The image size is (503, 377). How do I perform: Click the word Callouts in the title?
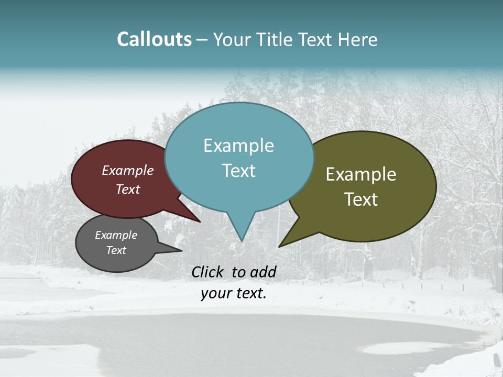154,40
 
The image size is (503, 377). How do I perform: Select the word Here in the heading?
358,40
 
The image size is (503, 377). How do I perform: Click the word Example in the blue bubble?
238,146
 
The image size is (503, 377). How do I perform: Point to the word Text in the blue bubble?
238,171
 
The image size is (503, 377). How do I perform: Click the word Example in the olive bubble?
361,174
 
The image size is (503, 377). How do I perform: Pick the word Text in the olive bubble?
361,199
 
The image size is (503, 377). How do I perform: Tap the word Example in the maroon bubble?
128,170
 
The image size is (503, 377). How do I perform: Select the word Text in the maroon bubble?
128,189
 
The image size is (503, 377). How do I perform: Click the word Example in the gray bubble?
116,235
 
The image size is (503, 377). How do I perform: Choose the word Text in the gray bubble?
116,250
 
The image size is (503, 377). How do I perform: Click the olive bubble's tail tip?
280,246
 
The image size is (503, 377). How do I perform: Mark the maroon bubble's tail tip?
199,221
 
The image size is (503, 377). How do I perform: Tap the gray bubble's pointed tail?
180,250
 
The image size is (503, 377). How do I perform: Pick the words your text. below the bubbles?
234,293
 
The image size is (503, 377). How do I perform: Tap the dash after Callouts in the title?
203,40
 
